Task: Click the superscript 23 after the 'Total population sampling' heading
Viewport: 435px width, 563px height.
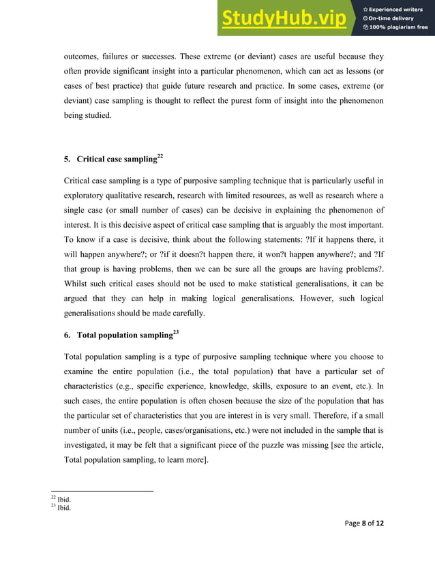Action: (x=176, y=332)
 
